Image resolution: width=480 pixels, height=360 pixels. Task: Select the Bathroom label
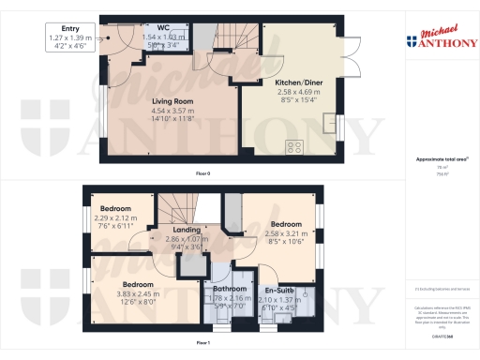pyautogui.click(x=228, y=289)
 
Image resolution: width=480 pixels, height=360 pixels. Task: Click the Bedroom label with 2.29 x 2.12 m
pyautogui.click(x=117, y=209)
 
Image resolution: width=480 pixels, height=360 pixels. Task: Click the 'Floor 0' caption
pyautogui.click(x=202, y=174)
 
